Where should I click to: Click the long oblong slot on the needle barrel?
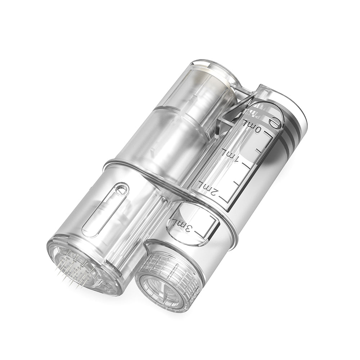click(x=104, y=212)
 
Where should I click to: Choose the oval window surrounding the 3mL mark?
click(x=191, y=225)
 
